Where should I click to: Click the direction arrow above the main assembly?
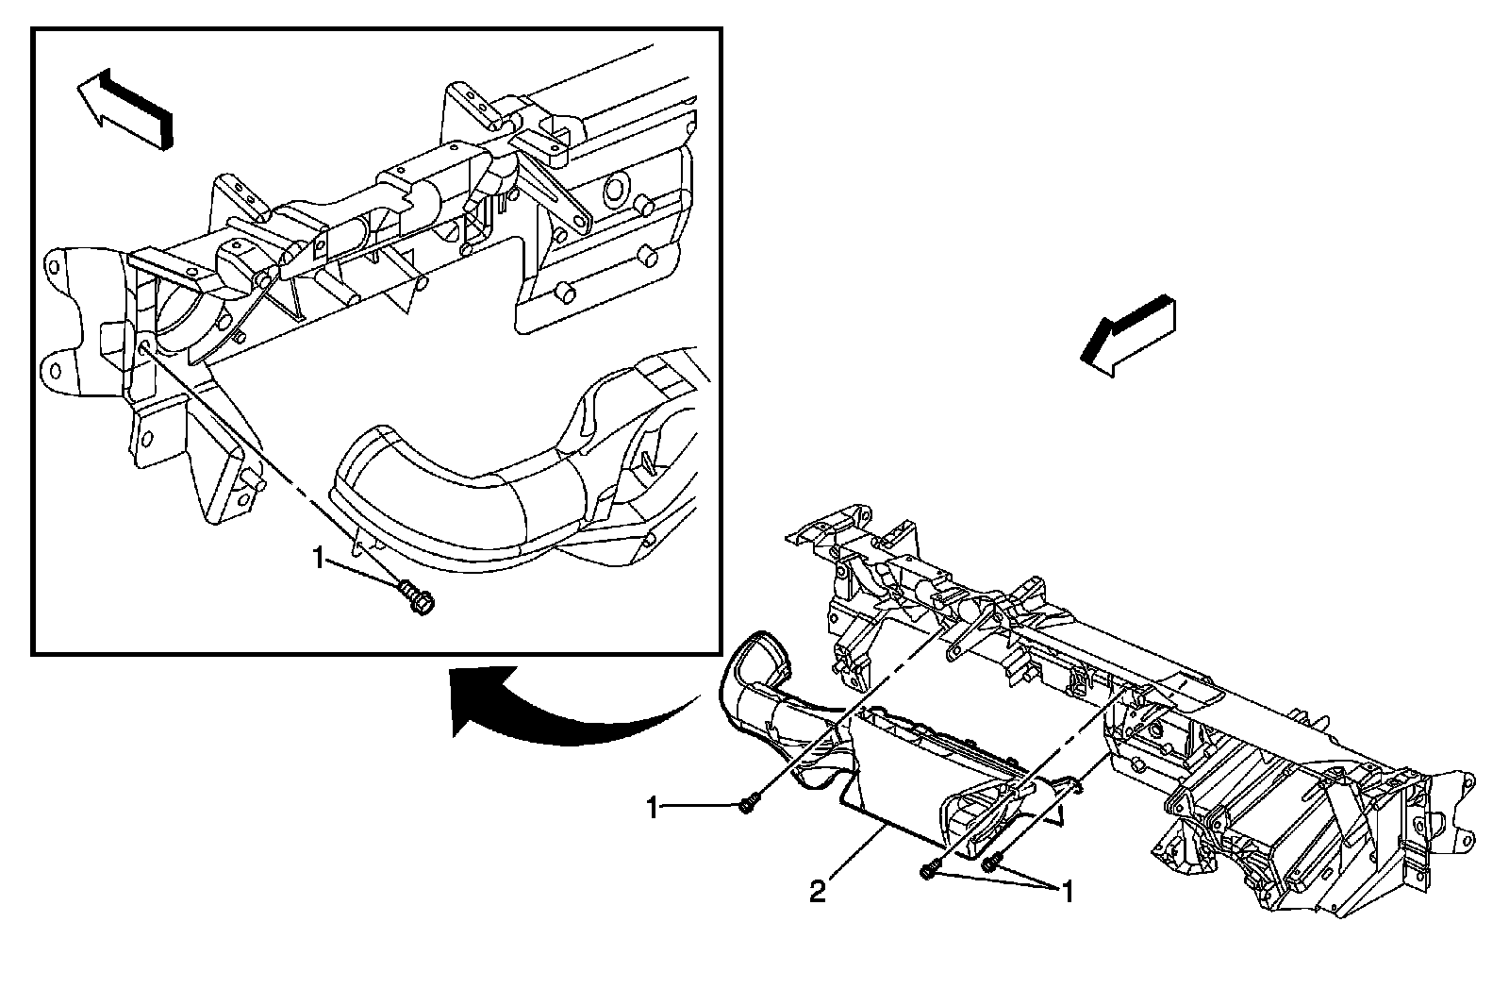click(x=1129, y=337)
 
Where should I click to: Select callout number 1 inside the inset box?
click(x=320, y=561)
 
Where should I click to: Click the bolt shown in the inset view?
click(x=415, y=597)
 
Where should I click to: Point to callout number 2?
click(x=818, y=891)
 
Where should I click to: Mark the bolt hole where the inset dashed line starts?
click(x=143, y=348)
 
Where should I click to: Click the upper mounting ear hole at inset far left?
click(x=56, y=260)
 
